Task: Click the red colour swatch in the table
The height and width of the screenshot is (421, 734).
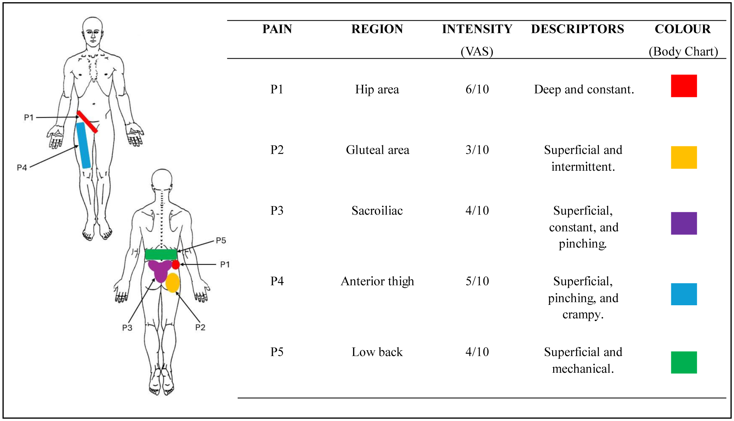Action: coord(683,86)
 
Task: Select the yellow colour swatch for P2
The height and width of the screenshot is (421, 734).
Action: coord(683,157)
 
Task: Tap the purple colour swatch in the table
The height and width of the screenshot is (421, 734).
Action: coord(683,223)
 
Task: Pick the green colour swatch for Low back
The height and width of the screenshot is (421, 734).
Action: coord(683,362)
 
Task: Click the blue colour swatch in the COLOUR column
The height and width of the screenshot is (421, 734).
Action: coord(683,294)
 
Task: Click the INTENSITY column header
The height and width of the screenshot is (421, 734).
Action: coord(477,29)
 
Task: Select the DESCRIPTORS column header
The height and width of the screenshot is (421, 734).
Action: coord(577,29)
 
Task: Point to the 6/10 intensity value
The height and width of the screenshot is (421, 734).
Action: coord(477,89)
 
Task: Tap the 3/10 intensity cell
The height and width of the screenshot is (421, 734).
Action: coord(477,150)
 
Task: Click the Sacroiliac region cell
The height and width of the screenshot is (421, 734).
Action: coord(377,210)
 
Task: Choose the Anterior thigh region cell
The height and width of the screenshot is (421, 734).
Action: coord(377,281)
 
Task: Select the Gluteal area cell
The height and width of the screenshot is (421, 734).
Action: coord(377,150)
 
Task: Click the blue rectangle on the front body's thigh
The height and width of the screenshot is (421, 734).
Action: coord(83,145)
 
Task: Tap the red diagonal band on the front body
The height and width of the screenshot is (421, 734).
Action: coord(87,122)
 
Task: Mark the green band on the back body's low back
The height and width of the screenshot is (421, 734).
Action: coord(161,254)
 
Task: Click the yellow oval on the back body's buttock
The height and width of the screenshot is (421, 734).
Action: coord(172,283)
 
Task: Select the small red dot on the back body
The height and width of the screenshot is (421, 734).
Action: coord(176,264)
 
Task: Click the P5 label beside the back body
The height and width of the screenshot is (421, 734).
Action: coord(221,241)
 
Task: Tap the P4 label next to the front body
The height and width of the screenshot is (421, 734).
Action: coord(22,168)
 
